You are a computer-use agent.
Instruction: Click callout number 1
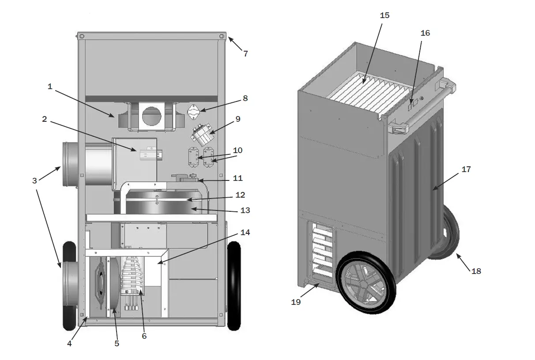[50, 86]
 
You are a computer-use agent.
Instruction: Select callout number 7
[245, 54]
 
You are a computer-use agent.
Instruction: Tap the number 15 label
[384, 15]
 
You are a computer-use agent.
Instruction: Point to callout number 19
[296, 302]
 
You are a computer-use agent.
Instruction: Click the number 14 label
[245, 232]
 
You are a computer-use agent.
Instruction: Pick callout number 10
[237, 150]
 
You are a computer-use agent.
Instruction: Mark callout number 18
[476, 271]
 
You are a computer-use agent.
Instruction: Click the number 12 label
[240, 195]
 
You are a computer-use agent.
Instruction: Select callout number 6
[144, 336]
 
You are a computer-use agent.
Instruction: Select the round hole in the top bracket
[152, 116]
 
